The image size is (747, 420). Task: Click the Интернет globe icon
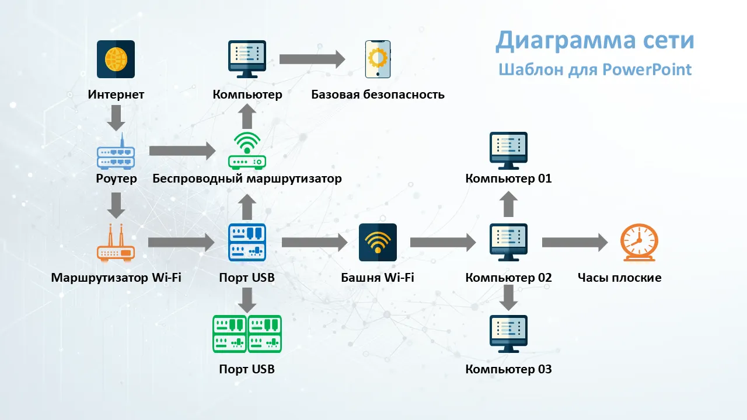point(116,59)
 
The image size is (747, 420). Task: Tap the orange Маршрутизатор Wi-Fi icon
point(116,242)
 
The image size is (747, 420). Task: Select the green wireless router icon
point(247,150)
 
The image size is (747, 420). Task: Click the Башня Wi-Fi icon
point(378,242)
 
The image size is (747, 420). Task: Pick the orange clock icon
point(638,242)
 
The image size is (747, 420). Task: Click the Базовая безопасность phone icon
point(378,59)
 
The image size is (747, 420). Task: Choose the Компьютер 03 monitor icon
point(508,334)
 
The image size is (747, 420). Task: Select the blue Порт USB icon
point(247,242)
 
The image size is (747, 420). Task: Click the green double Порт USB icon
point(247,334)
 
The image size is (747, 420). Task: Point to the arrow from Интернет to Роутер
point(116,118)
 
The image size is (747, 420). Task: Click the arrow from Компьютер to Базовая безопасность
point(312,59)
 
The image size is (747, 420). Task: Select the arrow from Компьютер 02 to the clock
point(575,243)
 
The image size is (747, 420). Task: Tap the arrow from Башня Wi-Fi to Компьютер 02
point(443,243)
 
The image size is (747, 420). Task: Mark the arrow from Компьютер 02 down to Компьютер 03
point(509,298)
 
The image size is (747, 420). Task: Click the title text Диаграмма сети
point(595,41)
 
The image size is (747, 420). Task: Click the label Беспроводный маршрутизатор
point(247,178)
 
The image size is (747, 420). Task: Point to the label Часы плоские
point(619,278)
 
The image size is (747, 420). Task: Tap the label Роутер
point(116,178)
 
